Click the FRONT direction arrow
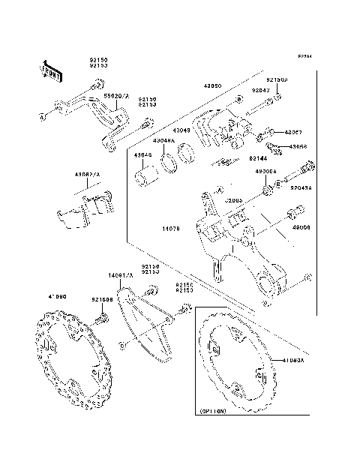(49, 70)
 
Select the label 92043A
(301, 188)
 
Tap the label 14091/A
(121, 275)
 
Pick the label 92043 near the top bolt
(259, 91)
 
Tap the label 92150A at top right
(276, 79)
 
